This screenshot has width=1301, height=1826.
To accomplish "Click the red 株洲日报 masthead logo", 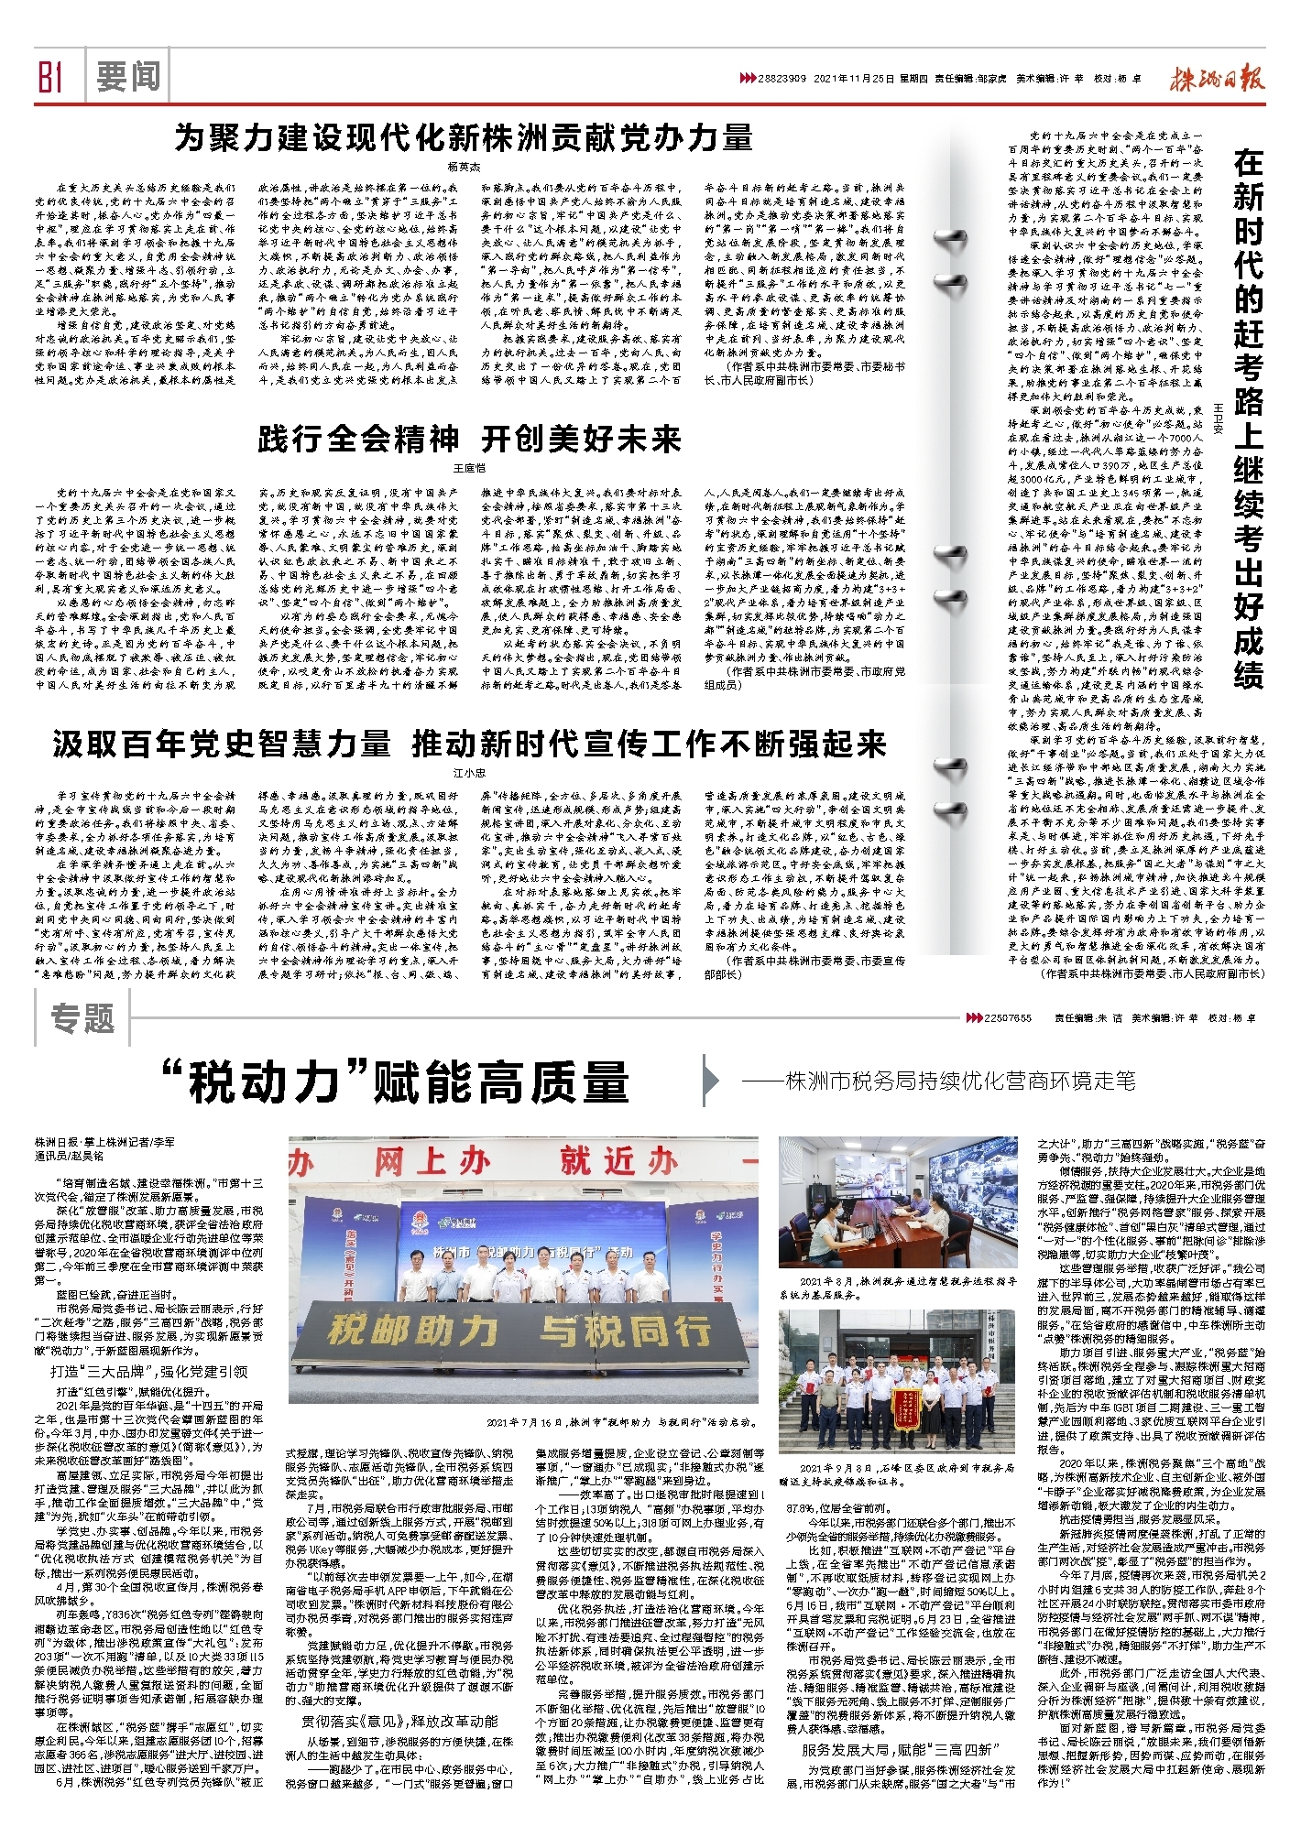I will [1216, 80].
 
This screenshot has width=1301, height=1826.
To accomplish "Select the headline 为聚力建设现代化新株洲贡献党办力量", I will [464, 138].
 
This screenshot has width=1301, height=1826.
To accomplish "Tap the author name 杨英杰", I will [464, 167].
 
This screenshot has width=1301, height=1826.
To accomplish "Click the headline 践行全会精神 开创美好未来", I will [469, 440].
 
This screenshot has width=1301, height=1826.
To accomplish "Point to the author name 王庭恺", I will [469, 468].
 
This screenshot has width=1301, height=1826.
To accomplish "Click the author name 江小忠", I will [469, 773].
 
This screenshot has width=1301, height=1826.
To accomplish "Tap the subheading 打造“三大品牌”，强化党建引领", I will [149, 1371].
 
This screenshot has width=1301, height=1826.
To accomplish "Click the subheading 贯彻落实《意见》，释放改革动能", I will [400, 1723].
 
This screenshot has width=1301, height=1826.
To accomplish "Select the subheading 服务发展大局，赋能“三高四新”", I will [902, 1749].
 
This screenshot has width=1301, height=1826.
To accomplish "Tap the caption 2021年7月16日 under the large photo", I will [623, 1422].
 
